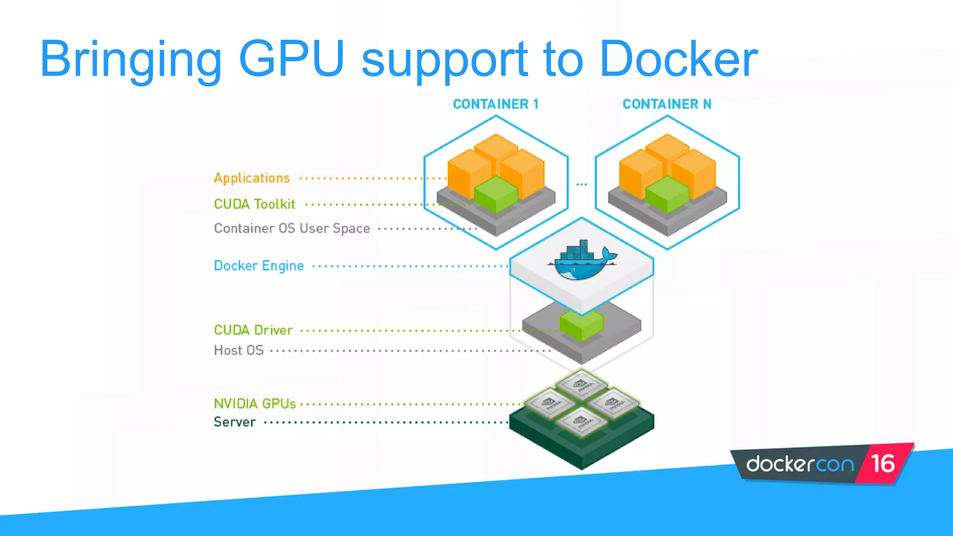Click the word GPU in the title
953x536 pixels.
[291, 59]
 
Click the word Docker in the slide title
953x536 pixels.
[678, 59]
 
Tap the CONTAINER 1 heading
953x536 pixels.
[496, 104]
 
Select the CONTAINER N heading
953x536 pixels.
[667, 104]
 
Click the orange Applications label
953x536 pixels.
[252, 178]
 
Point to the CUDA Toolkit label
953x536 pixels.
[255, 204]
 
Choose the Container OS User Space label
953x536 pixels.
[292, 228]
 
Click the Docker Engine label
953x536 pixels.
[259, 266]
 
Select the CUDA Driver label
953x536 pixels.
[253, 330]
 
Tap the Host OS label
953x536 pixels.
[239, 350]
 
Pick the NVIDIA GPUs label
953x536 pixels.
[255, 403]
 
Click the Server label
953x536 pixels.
[235, 422]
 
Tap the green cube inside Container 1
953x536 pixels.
[496, 194]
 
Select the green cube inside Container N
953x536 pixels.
[667, 194]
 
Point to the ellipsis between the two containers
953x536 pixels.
[582, 184]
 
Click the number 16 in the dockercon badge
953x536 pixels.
[882, 463]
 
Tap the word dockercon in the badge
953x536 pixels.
[800, 464]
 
